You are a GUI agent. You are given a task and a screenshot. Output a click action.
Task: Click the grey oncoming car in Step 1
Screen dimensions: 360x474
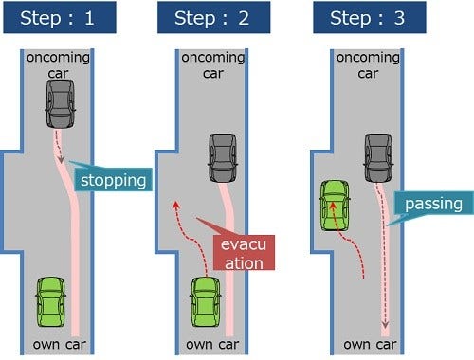click(x=60, y=105)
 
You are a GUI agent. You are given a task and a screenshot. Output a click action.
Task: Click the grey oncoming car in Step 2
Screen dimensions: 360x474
click(x=223, y=158)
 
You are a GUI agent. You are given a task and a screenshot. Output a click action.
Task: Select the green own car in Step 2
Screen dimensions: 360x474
click(x=206, y=302)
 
